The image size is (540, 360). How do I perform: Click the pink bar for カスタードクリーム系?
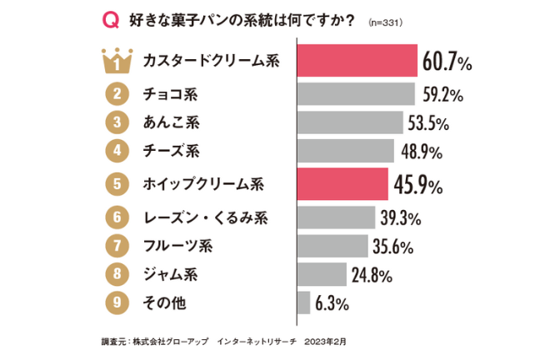click(x=357, y=60)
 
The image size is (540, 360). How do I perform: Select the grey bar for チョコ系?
click(x=356, y=93)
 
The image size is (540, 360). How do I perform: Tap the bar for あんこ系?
click(x=350, y=122)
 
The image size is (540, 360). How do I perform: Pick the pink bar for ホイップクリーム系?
click(x=342, y=182)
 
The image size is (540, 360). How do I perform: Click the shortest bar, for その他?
click(x=303, y=302)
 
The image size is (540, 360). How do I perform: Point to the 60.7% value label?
click(x=447, y=61)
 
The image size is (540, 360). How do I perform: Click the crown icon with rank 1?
click(x=117, y=60)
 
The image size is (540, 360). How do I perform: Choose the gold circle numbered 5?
click(x=117, y=182)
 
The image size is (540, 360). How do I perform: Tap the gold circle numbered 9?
click(x=117, y=302)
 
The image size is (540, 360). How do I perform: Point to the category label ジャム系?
click(x=173, y=273)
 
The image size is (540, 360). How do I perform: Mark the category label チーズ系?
click(x=173, y=152)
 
